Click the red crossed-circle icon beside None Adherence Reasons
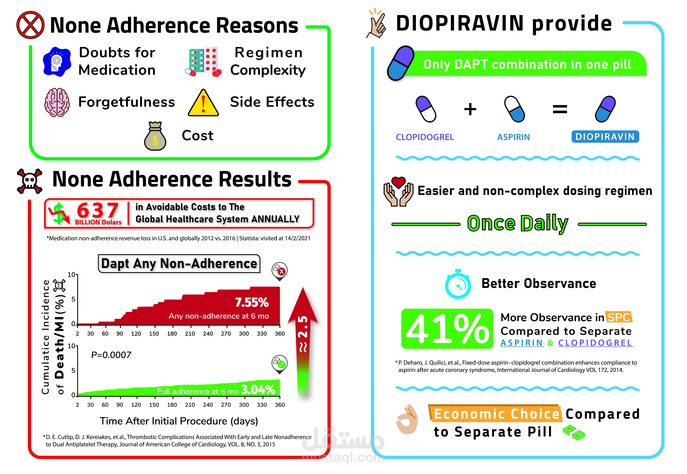pos(30,25)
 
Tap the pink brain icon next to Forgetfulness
pos(57,102)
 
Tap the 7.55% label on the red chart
pos(252,302)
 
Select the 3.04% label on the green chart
pos(258,389)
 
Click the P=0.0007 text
pos(111,355)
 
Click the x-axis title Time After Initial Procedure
pos(179,421)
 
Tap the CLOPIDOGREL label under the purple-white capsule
pos(425,137)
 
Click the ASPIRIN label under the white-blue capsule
pos(514,137)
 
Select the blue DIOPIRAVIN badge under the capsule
pos(605,137)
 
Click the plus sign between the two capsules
pos(470,109)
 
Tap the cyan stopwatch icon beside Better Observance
pos(458,284)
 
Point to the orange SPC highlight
pos(619,317)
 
